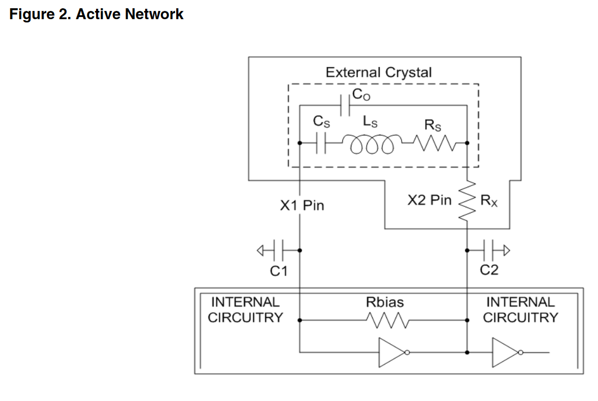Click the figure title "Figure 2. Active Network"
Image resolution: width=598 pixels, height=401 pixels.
(x=97, y=14)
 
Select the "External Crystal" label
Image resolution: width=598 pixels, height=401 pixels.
(x=378, y=72)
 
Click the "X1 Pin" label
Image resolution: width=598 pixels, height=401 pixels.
(x=302, y=206)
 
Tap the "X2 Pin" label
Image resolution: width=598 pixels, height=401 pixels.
(x=429, y=200)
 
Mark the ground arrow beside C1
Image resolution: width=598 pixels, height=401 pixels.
(x=262, y=250)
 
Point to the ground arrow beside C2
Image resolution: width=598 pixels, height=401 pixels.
(x=506, y=250)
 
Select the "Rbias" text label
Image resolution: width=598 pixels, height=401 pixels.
(x=385, y=302)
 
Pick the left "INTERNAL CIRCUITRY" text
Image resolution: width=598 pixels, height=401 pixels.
(x=246, y=309)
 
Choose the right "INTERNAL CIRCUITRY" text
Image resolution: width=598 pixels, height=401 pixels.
(x=521, y=309)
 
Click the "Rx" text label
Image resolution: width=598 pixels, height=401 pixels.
(x=488, y=201)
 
